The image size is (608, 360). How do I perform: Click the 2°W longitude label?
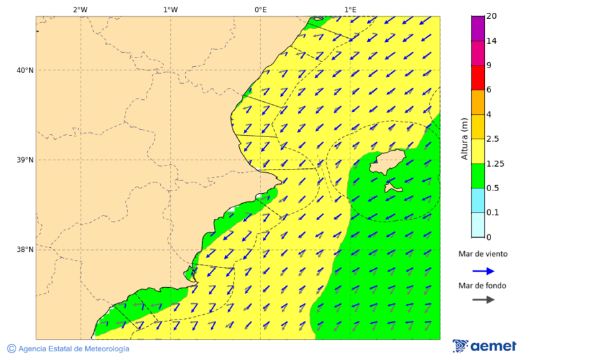tap(80, 9)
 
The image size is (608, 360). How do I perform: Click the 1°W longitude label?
tap(170, 9)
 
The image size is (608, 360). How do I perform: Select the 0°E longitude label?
tap(260, 9)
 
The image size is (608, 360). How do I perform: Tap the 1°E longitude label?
tap(350, 9)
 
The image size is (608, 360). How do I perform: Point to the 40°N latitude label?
tap(25, 70)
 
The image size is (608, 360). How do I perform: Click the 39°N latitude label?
tap(25, 160)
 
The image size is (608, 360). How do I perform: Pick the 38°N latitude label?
tap(25, 249)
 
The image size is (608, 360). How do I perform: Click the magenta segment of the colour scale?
tap(478, 28)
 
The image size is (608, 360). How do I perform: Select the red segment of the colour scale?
tap(478, 77)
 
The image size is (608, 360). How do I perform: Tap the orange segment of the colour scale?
tap(478, 102)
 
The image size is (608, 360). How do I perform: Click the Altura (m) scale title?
tap(464, 138)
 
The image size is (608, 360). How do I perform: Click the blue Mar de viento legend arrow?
tap(483, 271)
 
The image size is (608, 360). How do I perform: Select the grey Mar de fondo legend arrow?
tap(483, 300)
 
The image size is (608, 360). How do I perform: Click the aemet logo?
tap(484, 346)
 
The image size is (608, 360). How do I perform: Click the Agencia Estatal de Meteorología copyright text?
tap(68, 349)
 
